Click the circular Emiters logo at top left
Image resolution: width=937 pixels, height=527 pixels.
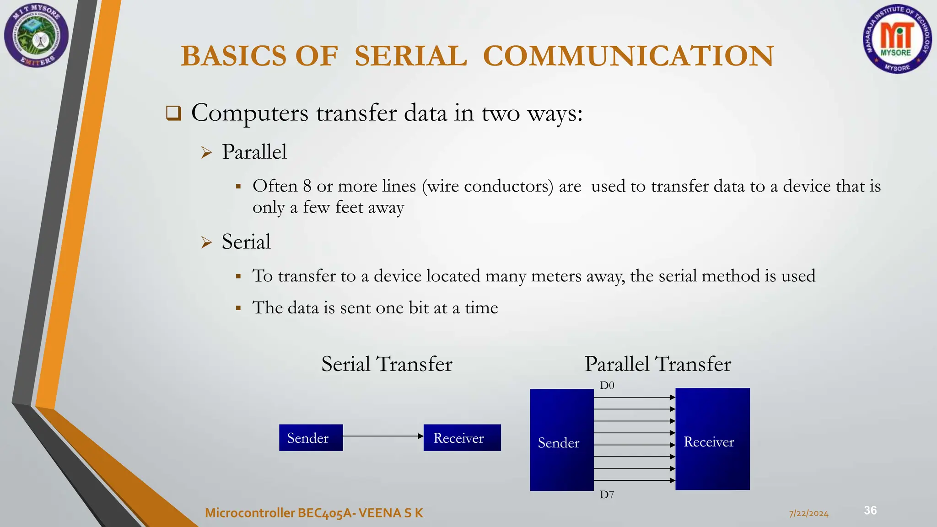(37, 35)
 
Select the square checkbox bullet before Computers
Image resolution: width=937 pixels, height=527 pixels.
(174, 113)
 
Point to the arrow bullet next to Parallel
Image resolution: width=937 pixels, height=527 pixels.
(207, 152)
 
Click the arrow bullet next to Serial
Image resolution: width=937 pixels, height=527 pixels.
(207, 242)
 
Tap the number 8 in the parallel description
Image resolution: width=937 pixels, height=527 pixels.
(307, 186)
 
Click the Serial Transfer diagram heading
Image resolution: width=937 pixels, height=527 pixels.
(387, 364)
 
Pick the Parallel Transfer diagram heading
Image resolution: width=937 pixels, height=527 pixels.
(657, 364)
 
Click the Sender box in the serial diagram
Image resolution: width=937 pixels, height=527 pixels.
(311, 438)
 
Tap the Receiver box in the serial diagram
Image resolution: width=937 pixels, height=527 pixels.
(462, 438)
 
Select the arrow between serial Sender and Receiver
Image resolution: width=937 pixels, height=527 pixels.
(382, 436)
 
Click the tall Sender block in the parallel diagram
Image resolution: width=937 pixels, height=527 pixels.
(561, 440)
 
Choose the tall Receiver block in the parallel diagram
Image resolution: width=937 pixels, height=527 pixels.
(712, 439)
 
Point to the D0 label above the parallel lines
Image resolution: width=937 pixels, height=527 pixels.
(607, 386)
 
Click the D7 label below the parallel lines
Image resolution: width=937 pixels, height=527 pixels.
(607, 495)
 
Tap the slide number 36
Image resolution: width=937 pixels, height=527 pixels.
(870, 511)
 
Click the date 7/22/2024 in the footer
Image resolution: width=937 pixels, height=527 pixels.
(808, 514)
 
